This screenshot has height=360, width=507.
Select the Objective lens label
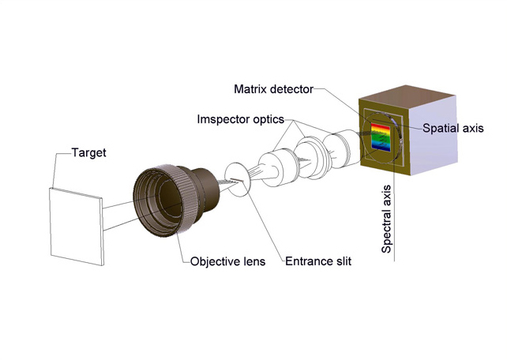[227, 261]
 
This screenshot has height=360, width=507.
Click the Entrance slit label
[317, 261]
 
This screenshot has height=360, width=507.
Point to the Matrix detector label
[274, 88]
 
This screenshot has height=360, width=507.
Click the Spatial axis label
[453, 128]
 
